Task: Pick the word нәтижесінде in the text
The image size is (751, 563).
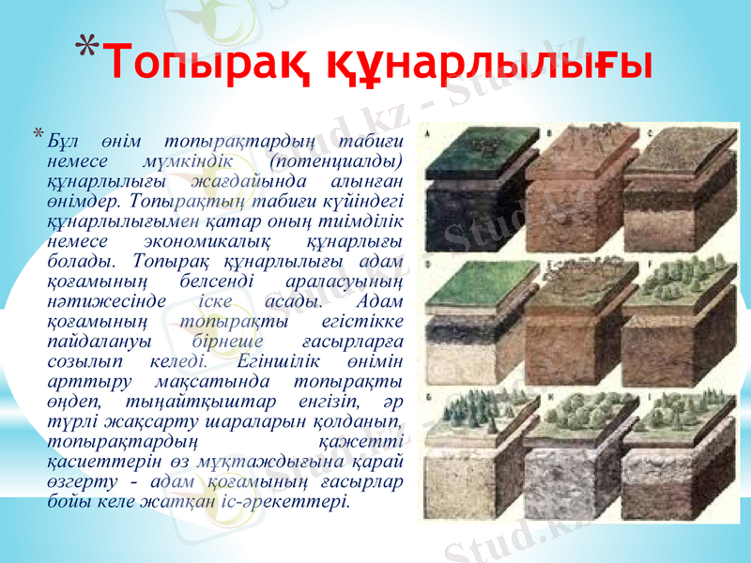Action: tap(107, 301)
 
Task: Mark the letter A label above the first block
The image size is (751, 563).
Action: tap(430, 134)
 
